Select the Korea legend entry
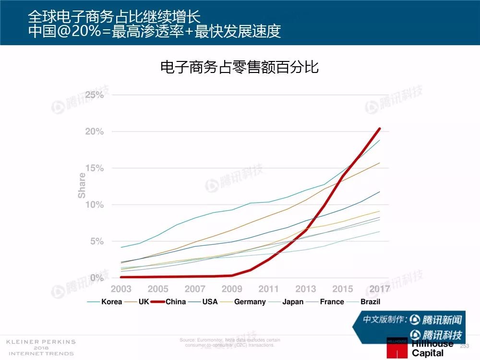click(x=111, y=301)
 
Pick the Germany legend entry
click(x=250, y=301)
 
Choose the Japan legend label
click(x=293, y=301)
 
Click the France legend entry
click(x=332, y=301)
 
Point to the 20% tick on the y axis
click(x=95, y=132)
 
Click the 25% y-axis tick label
click(x=95, y=95)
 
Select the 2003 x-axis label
click(x=121, y=289)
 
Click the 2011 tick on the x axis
click(x=268, y=289)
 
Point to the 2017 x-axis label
click(x=379, y=289)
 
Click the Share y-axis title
click(x=82, y=186)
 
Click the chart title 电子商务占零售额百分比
click(x=240, y=67)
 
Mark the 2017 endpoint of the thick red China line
click(x=380, y=129)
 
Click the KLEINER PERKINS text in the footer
click(x=41, y=342)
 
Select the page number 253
click(x=465, y=346)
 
